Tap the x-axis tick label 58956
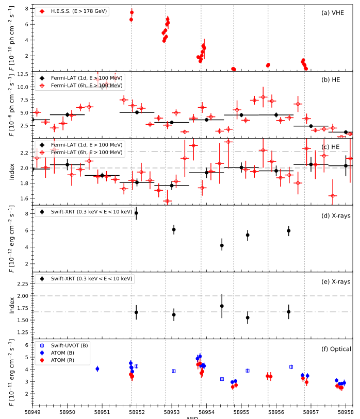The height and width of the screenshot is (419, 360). (x=276, y=412)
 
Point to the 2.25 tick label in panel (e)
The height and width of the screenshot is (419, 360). (x=21, y=283)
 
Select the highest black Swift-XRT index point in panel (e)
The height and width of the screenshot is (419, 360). (x=222, y=306)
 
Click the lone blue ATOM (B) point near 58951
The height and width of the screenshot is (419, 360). (x=97, y=369)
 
